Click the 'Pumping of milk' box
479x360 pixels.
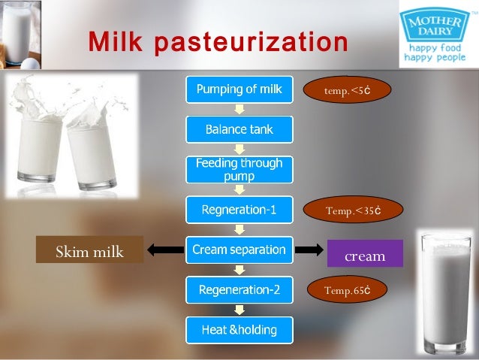(x=239, y=90)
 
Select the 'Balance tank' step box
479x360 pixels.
(x=239, y=130)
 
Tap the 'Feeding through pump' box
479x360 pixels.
(x=239, y=170)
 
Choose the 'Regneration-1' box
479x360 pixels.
(x=239, y=210)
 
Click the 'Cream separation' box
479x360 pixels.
(x=239, y=249)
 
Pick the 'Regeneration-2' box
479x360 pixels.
(x=239, y=289)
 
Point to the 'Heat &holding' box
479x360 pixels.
(x=239, y=329)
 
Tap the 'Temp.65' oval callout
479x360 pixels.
(x=346, y=290)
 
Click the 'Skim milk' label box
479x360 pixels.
(x=89, y=250)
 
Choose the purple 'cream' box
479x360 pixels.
(x=365, y=255)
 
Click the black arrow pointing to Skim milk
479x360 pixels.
(x=164, y=250)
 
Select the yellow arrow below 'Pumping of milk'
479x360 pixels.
(x=239, y=110)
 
